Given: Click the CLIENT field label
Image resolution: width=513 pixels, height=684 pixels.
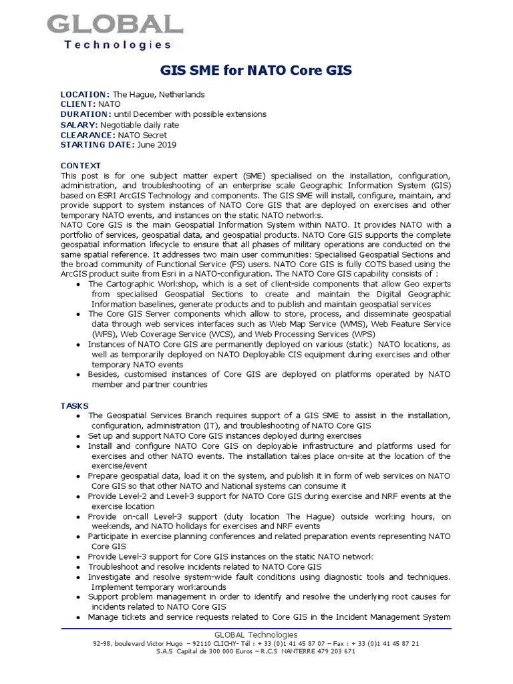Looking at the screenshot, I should click(78, 104).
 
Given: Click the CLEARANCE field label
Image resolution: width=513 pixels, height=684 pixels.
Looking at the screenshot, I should click(88, 135).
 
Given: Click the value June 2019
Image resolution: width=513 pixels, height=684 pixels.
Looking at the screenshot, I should click(158, 145).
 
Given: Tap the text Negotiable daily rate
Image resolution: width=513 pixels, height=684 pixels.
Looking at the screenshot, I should click(140, 125).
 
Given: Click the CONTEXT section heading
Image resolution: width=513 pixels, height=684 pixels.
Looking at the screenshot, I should click(81, 165).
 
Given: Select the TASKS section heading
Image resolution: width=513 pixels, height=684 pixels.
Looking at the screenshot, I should click(74, 405).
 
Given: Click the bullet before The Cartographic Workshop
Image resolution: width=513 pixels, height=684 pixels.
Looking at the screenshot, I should click(80, 285).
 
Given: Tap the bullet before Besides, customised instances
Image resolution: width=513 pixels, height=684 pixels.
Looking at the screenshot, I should click(80, 375).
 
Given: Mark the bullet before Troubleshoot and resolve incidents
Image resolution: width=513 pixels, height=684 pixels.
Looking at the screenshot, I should click(80, 566).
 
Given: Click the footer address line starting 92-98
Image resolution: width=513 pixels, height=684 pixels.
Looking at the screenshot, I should click(256, 643).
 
